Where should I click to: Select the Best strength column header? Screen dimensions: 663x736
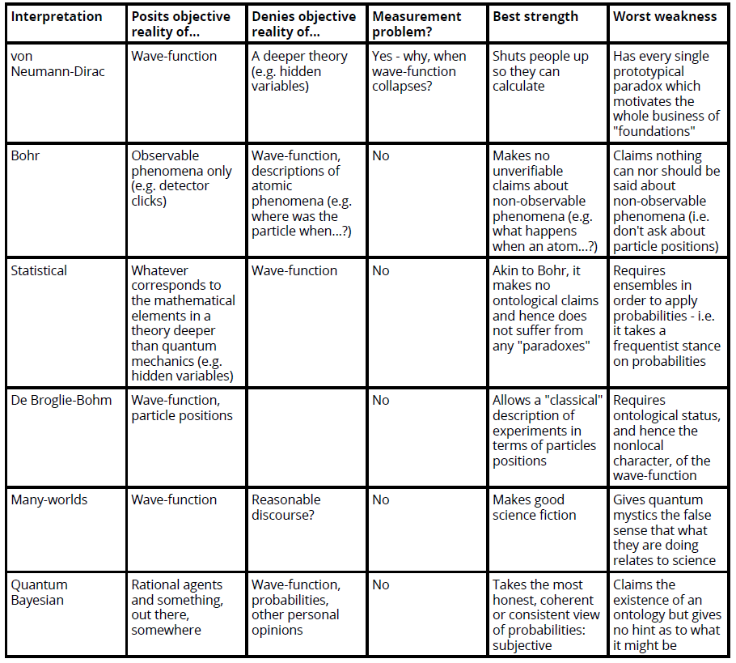point(535,16)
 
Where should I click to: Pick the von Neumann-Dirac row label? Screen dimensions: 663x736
point(57,64)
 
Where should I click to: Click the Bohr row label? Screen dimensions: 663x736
point(25,155)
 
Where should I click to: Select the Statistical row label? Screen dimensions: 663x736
point(39,270)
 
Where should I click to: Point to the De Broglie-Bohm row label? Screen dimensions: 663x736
point(61,400)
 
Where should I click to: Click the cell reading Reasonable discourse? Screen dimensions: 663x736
point(286,507)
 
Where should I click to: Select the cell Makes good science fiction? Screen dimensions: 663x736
point(534,507)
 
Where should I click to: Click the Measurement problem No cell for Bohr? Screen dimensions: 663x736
point(380,155)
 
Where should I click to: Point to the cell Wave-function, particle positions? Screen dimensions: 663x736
point(181,407)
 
